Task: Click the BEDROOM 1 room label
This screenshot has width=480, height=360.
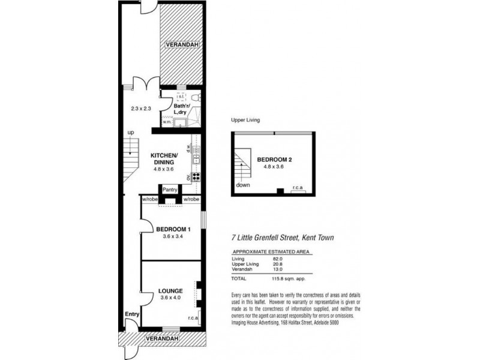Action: point(173,229)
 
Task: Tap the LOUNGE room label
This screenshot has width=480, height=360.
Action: point(170,292)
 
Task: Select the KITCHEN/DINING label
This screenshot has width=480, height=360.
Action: point(162,158)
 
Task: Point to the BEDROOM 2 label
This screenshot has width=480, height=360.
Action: point(274,160)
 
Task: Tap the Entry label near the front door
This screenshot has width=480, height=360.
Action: point(131,314)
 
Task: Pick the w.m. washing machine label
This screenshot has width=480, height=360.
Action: point(166,122)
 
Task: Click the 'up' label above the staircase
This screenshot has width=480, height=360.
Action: point(130,133)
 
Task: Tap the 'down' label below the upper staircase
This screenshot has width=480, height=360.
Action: point(243,185)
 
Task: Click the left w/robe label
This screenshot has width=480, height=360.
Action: point(149,199)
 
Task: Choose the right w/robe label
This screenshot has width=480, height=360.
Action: point(191,199)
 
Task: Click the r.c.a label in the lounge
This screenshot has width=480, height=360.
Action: point(193,319)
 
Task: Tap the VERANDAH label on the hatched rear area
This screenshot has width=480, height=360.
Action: point(182,45)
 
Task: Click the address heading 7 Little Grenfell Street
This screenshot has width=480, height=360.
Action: point(282,238)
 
